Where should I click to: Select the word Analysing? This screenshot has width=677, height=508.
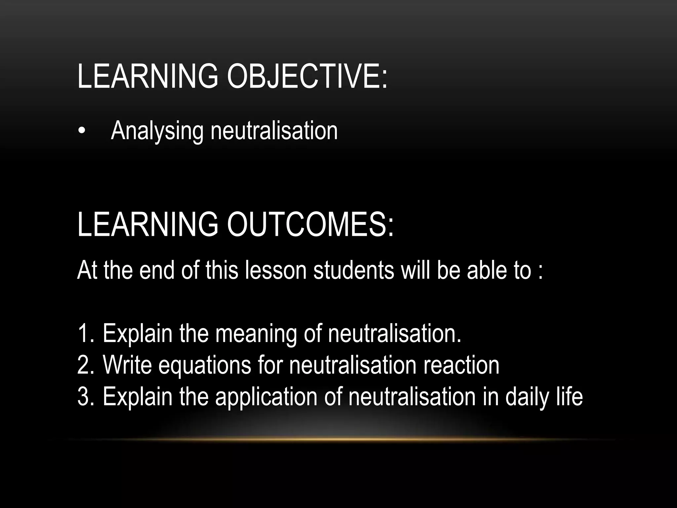pos(157,132)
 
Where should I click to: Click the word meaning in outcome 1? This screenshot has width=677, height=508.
pos(256,334)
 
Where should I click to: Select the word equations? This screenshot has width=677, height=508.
pos(205,366)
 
